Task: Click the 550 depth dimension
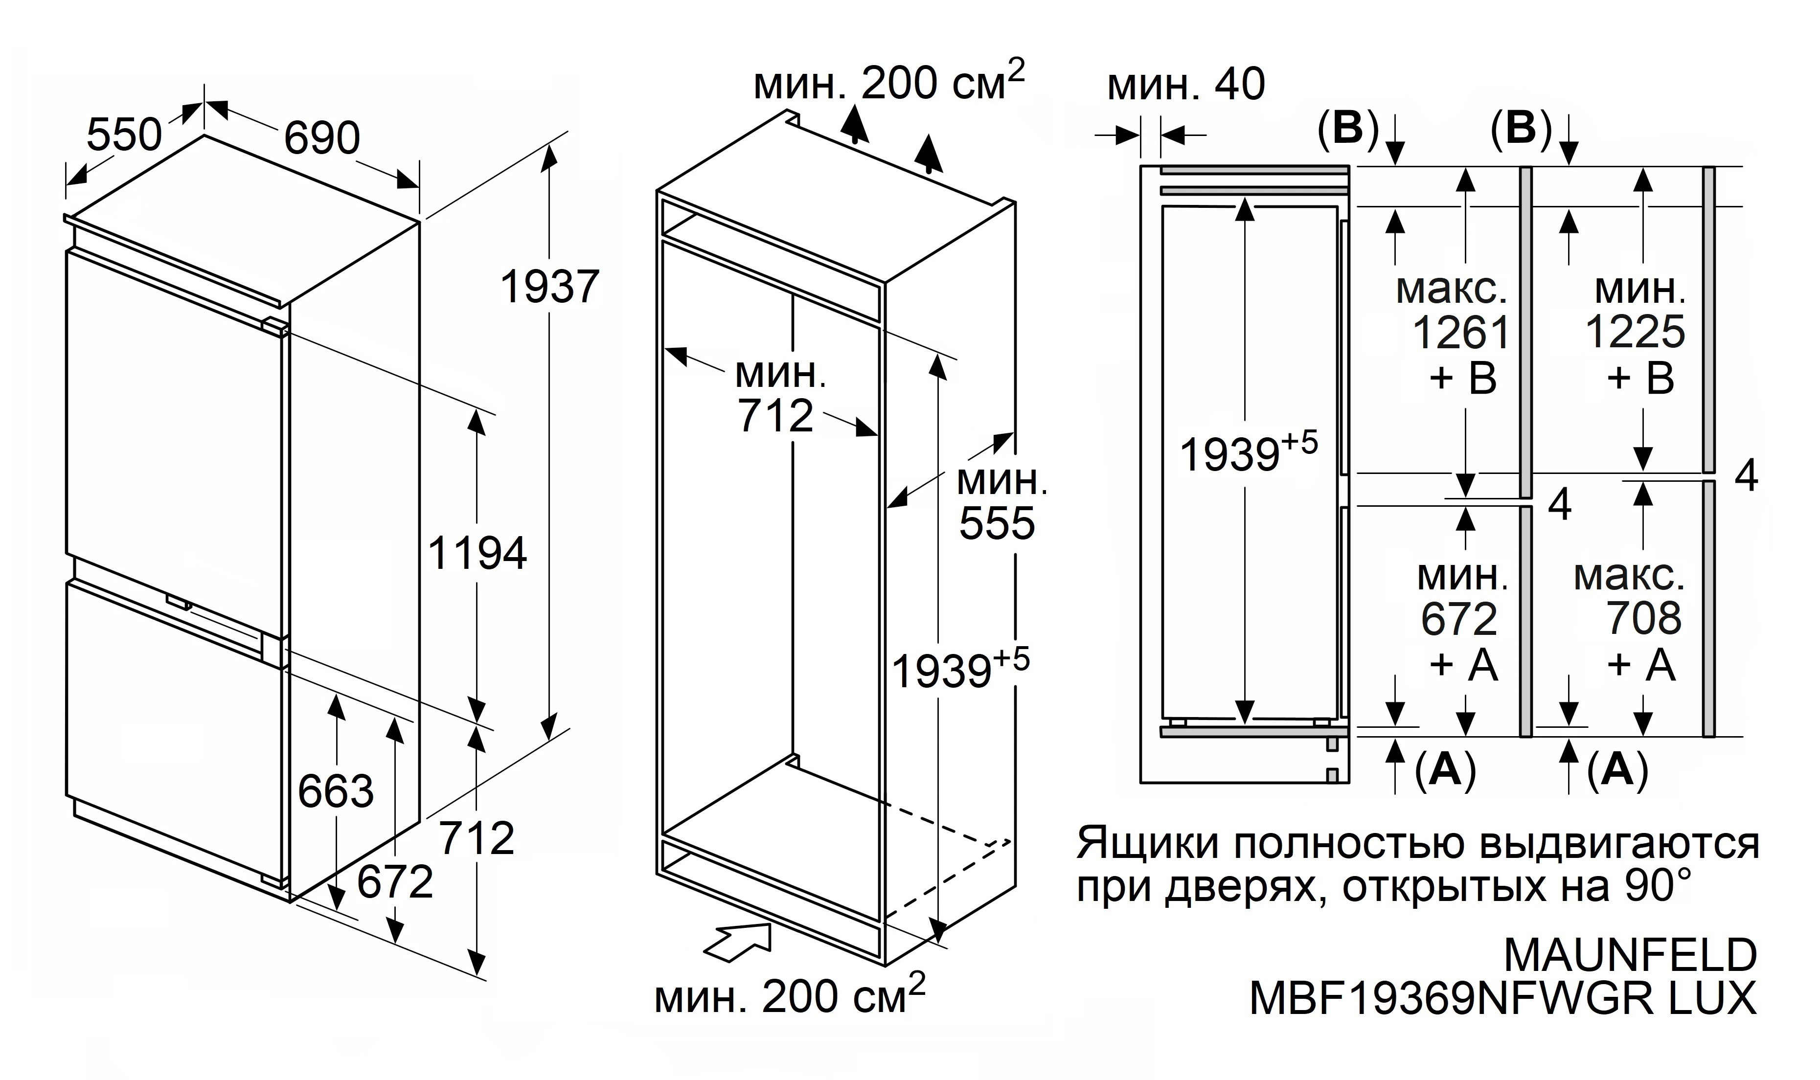124,135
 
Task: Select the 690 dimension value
321,138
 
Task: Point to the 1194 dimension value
477,553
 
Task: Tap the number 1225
1635,333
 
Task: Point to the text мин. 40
1186,85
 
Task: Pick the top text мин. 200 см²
888,84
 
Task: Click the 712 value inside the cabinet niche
776,416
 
